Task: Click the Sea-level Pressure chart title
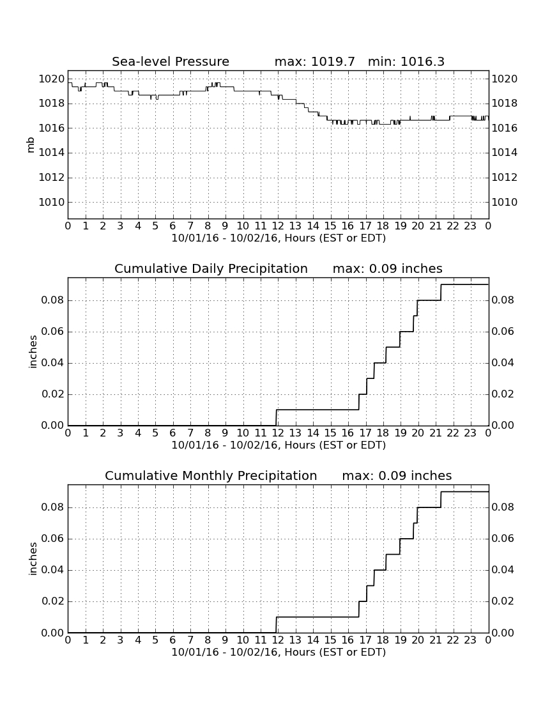tap(171, 61)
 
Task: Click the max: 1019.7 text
tap(314, 61)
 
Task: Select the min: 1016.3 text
tap(406, 61)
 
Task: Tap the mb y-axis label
tap(31, 145)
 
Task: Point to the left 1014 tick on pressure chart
tap(52, 153)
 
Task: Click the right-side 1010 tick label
tap(505, 202)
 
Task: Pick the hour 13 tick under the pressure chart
tap(295, 226)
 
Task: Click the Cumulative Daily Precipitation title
tap(211, 268)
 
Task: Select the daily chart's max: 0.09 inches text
tap(388, 268)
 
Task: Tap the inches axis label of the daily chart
tap(32, 352)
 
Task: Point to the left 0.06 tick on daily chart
tap(53, 332)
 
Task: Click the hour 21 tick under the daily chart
tap(435, 433)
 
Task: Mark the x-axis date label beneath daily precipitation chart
tap(279, 445)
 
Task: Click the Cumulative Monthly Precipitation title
tap(211, 475)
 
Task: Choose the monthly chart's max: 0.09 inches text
tap(397, 475)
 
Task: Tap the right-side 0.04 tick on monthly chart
tap(503, 570)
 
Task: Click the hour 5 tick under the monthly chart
tap(155, 640)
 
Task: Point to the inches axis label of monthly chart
tap(32, 559)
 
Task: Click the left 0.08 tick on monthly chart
tap(53, 507)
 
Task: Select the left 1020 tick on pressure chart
tap(52, 79)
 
